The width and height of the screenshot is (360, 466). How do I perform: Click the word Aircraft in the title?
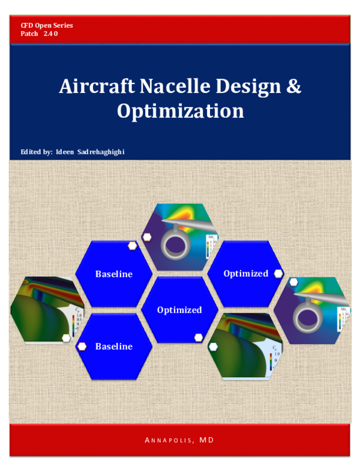(97, 86)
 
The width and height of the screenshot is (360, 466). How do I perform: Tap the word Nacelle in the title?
(172, 86)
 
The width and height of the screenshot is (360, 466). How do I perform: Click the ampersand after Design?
(293, 86)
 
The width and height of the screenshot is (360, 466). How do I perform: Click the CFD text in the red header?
(27, 26)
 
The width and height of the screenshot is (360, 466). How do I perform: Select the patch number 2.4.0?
(50, 34)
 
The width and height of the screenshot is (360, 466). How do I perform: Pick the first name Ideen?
(64, 151)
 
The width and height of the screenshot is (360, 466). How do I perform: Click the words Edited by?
(36, 151)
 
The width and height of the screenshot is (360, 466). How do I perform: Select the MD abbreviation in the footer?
(207, 440)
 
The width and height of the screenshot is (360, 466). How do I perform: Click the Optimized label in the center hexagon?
(179, 310)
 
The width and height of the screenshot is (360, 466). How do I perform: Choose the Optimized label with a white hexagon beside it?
(245, 273)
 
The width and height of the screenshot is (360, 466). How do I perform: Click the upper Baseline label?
(113, 274)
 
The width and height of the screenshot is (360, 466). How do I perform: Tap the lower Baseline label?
(113, 346)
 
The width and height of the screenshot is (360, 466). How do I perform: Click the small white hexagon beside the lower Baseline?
(82, 346)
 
